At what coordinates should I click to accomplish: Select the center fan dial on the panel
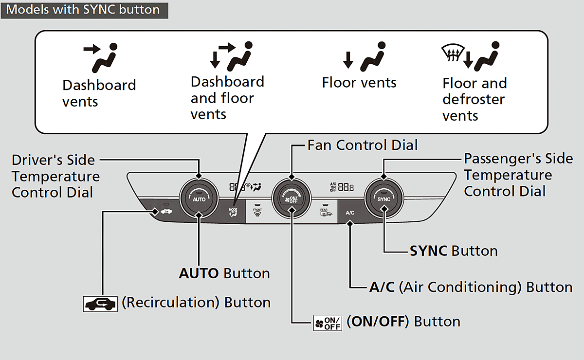291,198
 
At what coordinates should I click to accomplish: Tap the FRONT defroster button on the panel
257,212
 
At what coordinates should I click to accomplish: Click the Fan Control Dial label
363,145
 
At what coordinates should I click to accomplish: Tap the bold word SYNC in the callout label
428,251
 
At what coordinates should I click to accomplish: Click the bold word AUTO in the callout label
199,273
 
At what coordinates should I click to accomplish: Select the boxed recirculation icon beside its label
100,303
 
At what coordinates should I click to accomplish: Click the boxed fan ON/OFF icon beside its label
327,322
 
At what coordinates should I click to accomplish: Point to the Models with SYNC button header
83,10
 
